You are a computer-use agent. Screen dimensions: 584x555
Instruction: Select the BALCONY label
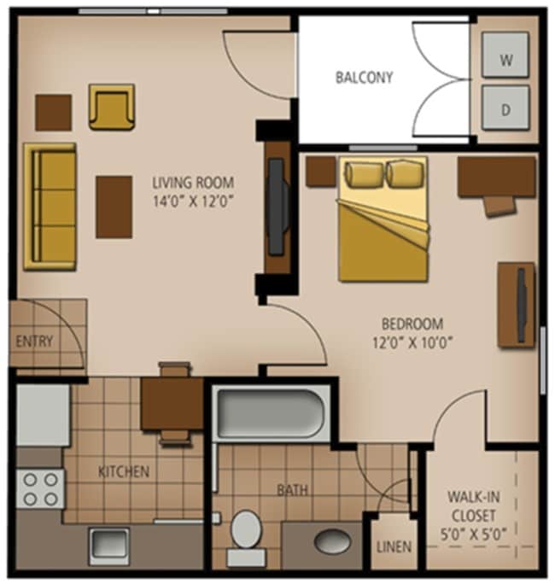click(364, 78)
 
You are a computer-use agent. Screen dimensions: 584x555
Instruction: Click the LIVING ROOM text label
click(193, 183)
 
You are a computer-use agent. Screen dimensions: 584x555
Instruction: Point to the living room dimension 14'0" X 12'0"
click(193, 203)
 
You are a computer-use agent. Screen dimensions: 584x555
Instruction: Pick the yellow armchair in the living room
click(112, 107)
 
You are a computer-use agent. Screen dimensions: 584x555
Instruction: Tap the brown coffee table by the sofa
click(114, 207)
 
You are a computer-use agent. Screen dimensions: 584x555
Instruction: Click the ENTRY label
click(34, 342)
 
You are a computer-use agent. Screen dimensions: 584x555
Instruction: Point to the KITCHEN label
click(124, 471)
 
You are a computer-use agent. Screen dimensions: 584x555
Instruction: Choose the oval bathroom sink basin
click(331, 541)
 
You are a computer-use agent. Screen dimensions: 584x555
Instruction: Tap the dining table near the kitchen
click(172, 403)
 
